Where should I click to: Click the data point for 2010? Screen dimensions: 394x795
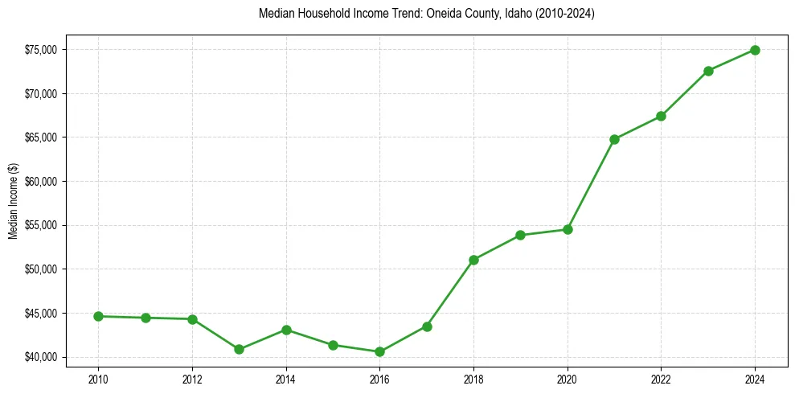[98, 316]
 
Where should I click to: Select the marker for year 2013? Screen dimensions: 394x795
[239, 349]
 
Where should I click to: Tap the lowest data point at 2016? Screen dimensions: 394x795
[379, 351]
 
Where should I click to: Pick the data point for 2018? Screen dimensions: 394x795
[473, 260]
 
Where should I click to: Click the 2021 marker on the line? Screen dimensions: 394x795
[614, 139]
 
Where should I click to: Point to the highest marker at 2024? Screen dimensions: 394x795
[755, 50]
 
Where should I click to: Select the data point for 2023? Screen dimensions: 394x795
[708, 71]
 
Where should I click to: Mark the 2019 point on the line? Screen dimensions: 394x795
[520, 235]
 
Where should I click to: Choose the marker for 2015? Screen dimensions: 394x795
[333, 345]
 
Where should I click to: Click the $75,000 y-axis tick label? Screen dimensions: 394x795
[41, 50]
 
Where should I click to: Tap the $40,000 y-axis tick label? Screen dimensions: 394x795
[41, 357]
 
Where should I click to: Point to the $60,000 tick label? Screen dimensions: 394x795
[41, 182]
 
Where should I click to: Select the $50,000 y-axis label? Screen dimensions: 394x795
[41, 269]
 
